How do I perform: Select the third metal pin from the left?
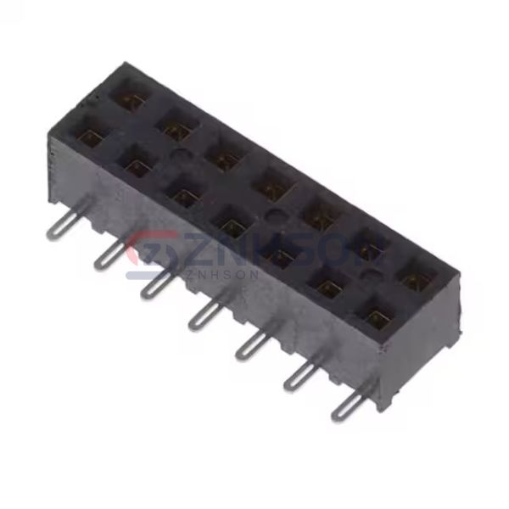156,286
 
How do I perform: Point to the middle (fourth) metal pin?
204,316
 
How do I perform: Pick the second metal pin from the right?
299,376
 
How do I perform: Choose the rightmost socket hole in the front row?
378,316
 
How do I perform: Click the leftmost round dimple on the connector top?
180,156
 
